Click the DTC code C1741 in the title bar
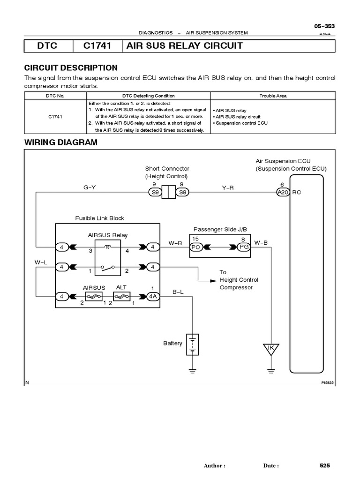pyautogui.click(x=97, y=45)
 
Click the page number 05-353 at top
pyautogui.click(x=324, y=26)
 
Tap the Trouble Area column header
pyautogui.click(x=273, y=96)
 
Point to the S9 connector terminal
pyautogui.click(x=154, y=192)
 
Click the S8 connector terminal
pyautogui.click(x=182, y=192)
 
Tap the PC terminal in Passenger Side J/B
pyautogui.click(x=196, y=247)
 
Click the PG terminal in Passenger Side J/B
pyautogui.click(x=243, y=247)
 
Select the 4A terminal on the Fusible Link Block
pyautogui.click(x=153, y=296)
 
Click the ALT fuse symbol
pyautogui.click(x=121, y=296)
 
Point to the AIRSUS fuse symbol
pyautogui.click(x=93, y=296)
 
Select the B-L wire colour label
pyautogui.click(x=178, y=292)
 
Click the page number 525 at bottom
pyautogui.click(x=325, y=465)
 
